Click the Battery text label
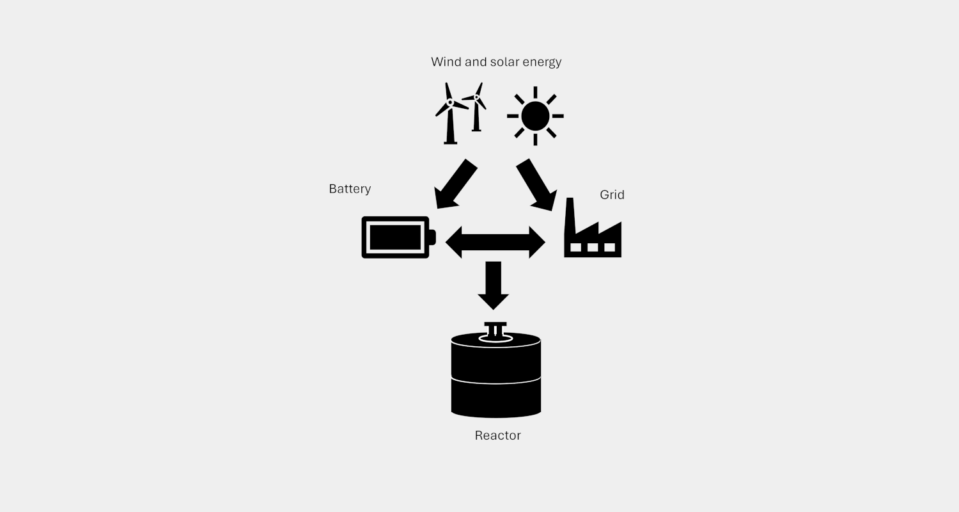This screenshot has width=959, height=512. click(x=350, y=189)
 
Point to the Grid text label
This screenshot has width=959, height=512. click(x=612, y=195)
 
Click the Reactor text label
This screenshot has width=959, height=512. click(x=497, y=435)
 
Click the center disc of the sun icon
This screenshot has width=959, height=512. click(x=535, y=116)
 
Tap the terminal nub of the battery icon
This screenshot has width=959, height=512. click(x=432, y=237)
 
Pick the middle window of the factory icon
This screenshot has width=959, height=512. click(x=593, y=247)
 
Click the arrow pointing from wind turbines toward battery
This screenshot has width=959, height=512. click(x=455, y=185)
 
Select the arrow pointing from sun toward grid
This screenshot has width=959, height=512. click(x=537, y=185)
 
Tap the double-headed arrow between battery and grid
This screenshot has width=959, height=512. click(x=495, y=243)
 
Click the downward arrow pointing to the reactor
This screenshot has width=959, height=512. click(x=493, y=285)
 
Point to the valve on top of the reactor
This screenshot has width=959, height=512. click(x=495, y=332)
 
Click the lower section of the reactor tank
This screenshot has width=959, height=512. click(x=495, y=399)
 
